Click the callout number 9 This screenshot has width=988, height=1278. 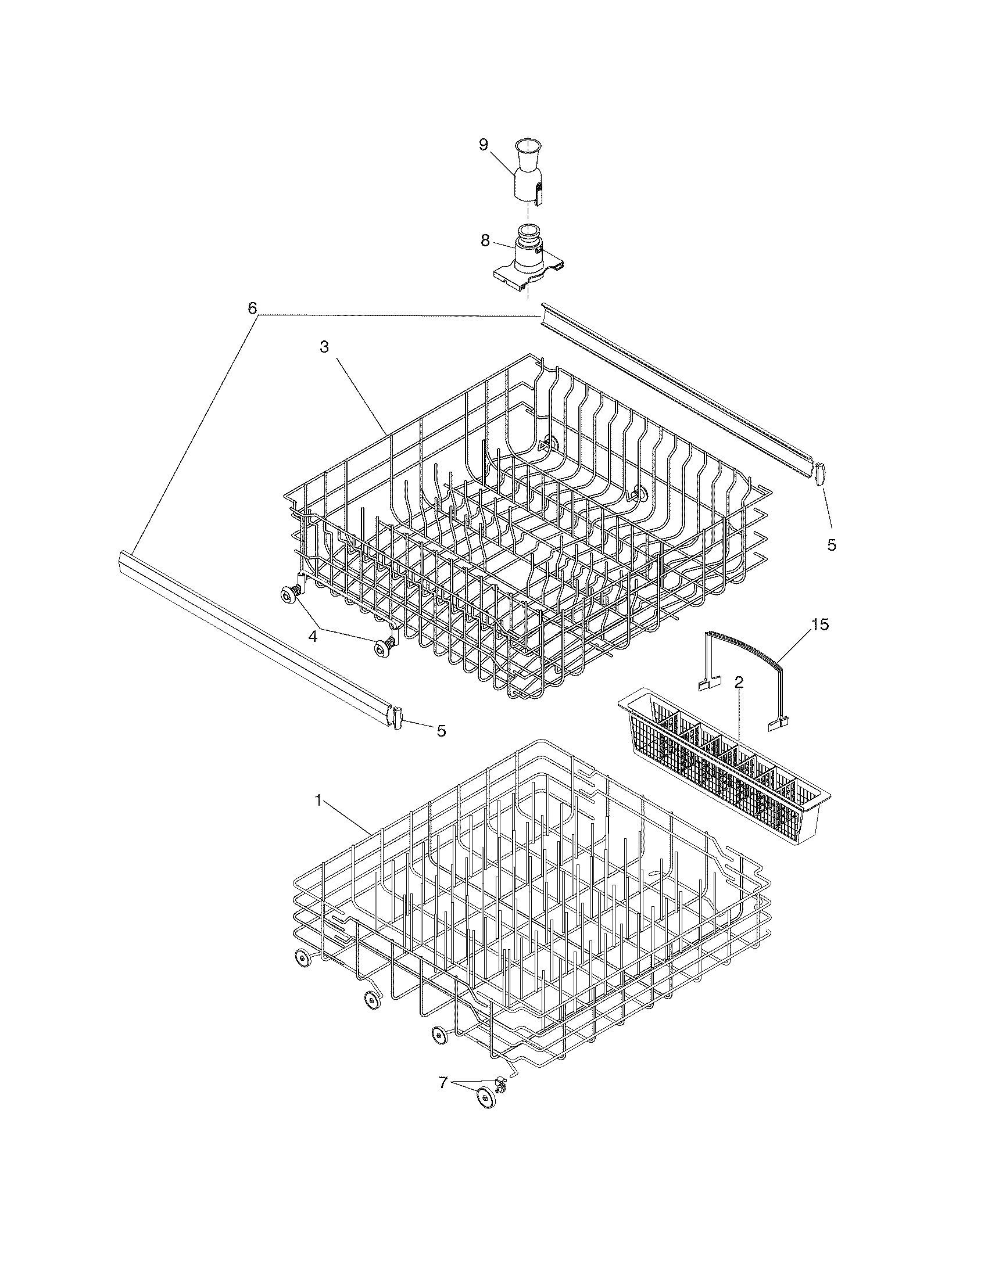coord(484,145)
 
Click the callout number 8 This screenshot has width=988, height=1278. coord(485,240)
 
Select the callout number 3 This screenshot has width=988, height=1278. coord(324,346)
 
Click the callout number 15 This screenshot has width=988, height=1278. coord(820,625)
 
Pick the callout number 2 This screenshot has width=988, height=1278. coord(739,682)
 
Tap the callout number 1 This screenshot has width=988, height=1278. coord(318,801)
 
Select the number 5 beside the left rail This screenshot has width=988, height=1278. coord(441,730)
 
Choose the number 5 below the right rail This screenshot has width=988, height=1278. coord(831,545)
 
